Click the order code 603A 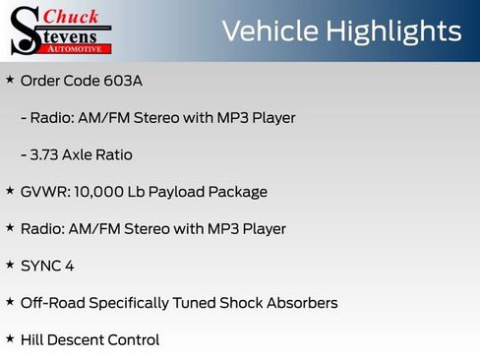(x=122, y=81)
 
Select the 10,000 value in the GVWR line (x=98, y=192)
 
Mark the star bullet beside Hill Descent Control (x=10, y=338)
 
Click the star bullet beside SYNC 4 (x=10, y=264)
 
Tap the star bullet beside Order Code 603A (x=10, y=79)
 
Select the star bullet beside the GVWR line (x=10, y=190)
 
